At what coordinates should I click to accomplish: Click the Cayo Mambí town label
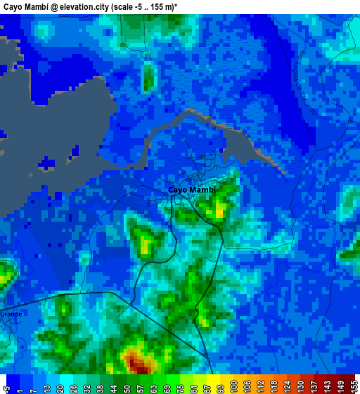(192, 190)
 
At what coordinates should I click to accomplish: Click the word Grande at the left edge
(11, 314)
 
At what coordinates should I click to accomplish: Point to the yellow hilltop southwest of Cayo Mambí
(146, 244)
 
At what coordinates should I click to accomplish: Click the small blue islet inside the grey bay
(47, 163)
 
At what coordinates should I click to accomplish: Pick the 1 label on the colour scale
(22, 387)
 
